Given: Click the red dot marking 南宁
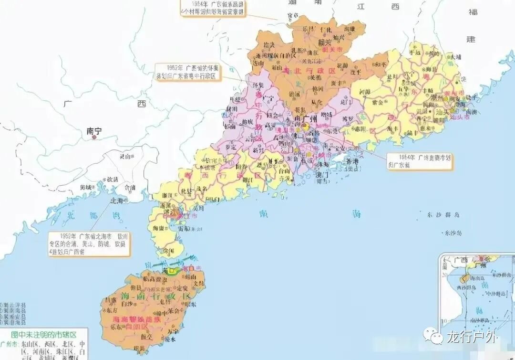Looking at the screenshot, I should point(94,138).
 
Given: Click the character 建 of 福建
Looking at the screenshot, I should point(471,39).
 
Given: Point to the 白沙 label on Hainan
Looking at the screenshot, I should point(127,304).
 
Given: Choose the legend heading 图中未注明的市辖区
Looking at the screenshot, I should point(44,333).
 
